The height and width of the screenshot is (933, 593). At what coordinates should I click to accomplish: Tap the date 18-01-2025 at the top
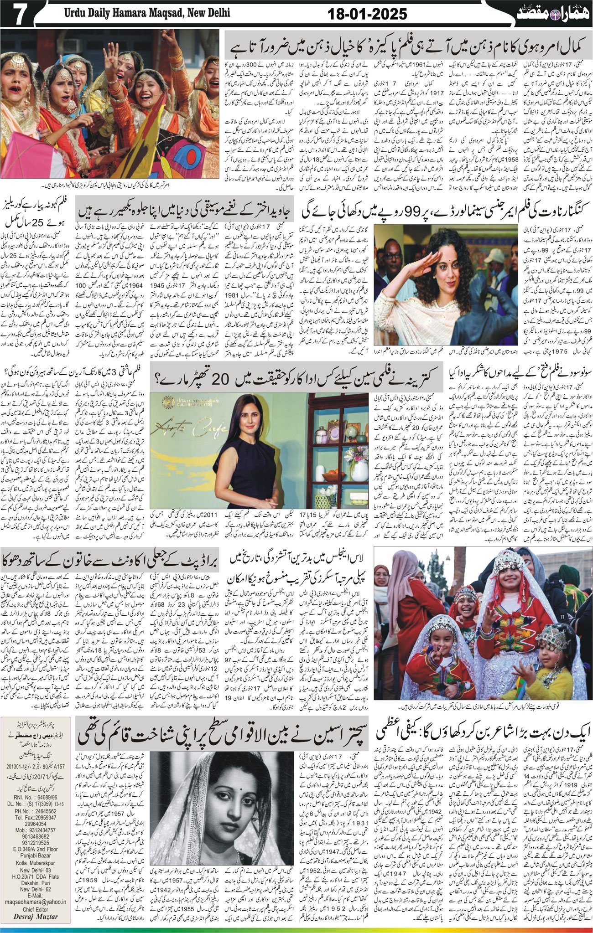[367, 15]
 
